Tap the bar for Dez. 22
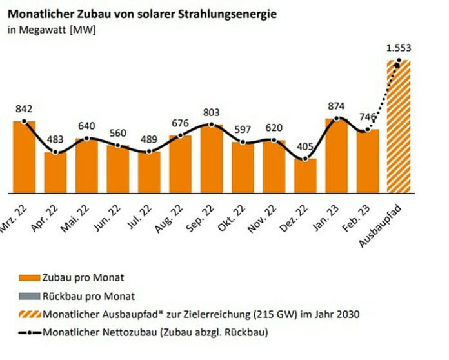tap(305, 175)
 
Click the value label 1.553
tap(399, 48)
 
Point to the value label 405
tap(305, 146)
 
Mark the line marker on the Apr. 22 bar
tap(56, 152)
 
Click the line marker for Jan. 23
tap(337, 119)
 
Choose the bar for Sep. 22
tap(212, 159)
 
